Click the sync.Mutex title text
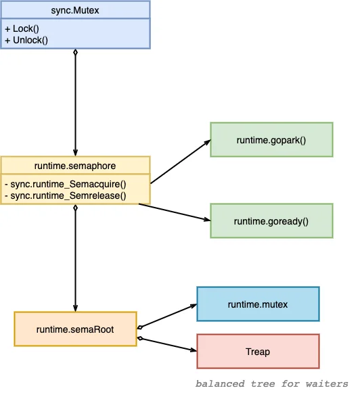75,11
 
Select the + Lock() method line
22,28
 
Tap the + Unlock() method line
26,40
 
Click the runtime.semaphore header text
75,166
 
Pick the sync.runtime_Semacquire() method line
66,184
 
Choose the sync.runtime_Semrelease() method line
66,195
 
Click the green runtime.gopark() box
271,139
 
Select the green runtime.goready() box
271,221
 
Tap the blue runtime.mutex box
258,304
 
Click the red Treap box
258,352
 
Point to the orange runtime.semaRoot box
75,329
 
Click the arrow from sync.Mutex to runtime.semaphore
75,103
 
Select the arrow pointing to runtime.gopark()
181,162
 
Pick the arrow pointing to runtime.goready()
175,212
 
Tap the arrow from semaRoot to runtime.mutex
167,316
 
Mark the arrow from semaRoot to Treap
167,344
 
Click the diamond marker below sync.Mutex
75,53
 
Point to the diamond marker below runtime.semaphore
75,208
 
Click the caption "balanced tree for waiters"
272,384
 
